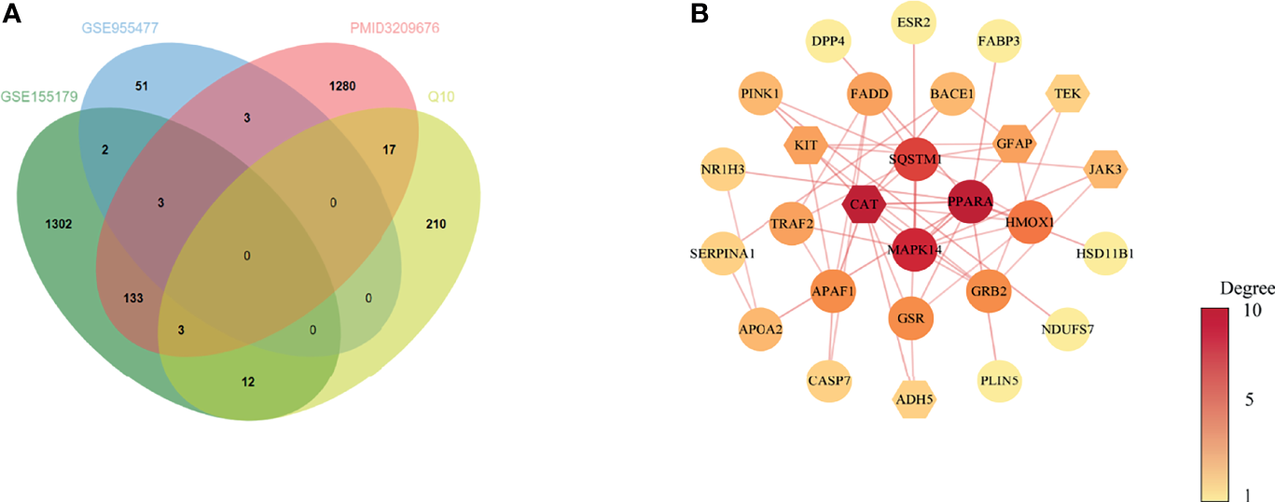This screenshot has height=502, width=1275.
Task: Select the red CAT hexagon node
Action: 862,203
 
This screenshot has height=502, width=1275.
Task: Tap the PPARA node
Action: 970,202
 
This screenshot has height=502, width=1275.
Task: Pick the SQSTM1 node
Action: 914,159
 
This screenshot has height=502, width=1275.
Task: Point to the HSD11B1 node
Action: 1110,251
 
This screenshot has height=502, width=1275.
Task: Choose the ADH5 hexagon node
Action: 914,398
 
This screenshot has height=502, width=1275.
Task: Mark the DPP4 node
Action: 827,41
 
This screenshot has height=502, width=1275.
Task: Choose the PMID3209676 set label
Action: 394,29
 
